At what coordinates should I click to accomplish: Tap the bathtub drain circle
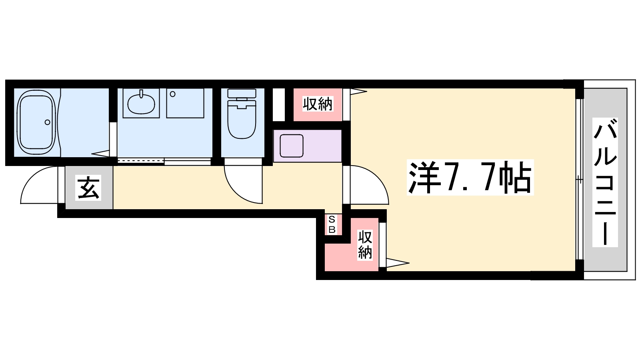[48, 122]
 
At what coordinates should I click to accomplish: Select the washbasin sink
[141, 104]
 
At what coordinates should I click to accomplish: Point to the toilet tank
[242, 93]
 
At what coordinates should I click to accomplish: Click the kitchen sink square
[292, 146]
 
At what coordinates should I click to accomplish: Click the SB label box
[332, 224]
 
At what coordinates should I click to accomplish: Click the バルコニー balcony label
[605, 182]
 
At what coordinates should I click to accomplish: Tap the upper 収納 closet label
[318, 104]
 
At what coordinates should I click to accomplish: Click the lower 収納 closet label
[365, 245]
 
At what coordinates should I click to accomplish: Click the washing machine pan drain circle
[172, 94]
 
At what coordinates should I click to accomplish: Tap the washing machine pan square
[185, 103]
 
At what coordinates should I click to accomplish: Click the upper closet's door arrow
[358, 92]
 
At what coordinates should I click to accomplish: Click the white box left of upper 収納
[278, 104]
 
